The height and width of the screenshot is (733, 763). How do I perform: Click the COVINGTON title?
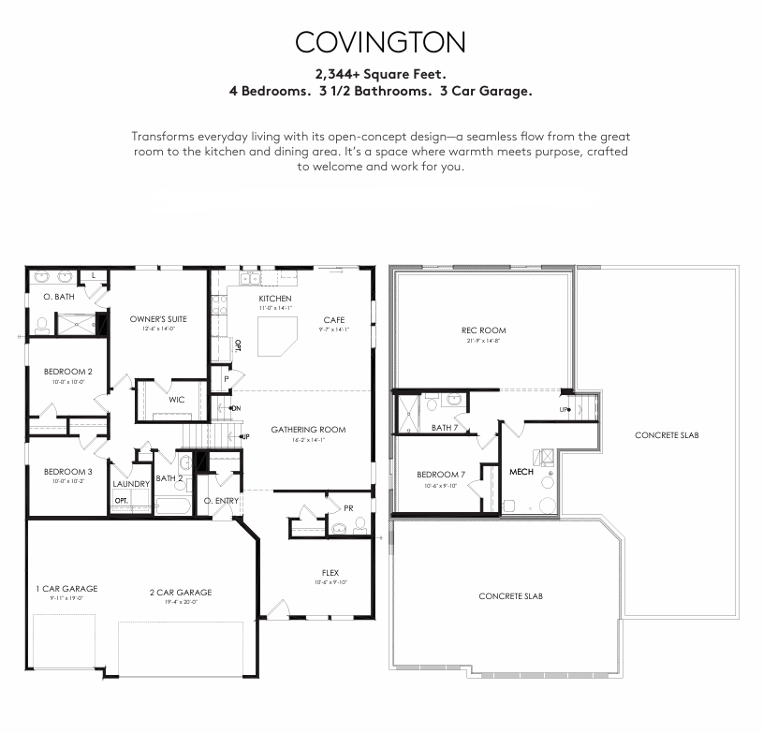380,42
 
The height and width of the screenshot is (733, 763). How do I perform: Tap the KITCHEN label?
275,299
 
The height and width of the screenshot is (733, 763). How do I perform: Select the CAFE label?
334,320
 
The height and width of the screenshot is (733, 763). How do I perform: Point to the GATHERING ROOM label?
308,430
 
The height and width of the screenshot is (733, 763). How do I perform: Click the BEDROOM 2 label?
68,372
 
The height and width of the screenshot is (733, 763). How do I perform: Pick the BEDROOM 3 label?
68,472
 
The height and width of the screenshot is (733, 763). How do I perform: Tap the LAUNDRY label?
132,484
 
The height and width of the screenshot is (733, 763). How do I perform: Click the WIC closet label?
176,400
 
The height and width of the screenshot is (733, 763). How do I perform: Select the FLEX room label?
330,573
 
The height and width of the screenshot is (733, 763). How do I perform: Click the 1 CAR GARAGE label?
66,589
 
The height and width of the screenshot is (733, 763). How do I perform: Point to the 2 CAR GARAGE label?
181,592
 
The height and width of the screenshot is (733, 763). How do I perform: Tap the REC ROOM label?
483,330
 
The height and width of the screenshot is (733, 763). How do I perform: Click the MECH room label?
521,472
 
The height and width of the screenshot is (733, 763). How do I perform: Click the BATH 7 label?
445,428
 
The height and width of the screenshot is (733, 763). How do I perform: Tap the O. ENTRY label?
222,501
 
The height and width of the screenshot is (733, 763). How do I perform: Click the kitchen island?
277,333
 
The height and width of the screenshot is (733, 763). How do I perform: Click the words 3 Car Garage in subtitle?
486,92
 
